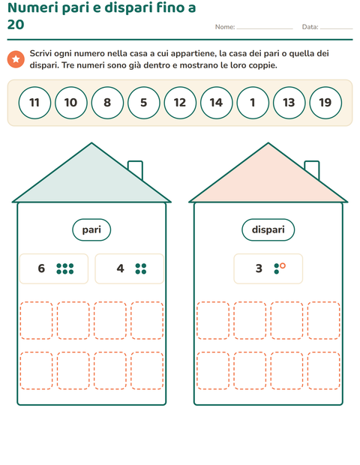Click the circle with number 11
[34, 103]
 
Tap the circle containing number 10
[70, 103]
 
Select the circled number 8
[107, 103]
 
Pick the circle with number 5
[144, 103]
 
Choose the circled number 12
[180, 103]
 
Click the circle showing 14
[217, 103]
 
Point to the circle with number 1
[253, 103]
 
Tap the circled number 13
[289, 103]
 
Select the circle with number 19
[325, 103]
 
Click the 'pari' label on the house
[91, 229]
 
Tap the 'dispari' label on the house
[268, 229]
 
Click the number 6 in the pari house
[41, 268]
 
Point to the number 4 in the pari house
[120, 268]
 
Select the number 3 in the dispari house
[259, 268]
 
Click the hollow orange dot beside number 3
[283, 265]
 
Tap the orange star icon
[16, 59]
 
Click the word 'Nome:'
[225, 27]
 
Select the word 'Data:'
[310, 27]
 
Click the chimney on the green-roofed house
[136, 169]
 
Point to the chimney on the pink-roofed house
[312, 169]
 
